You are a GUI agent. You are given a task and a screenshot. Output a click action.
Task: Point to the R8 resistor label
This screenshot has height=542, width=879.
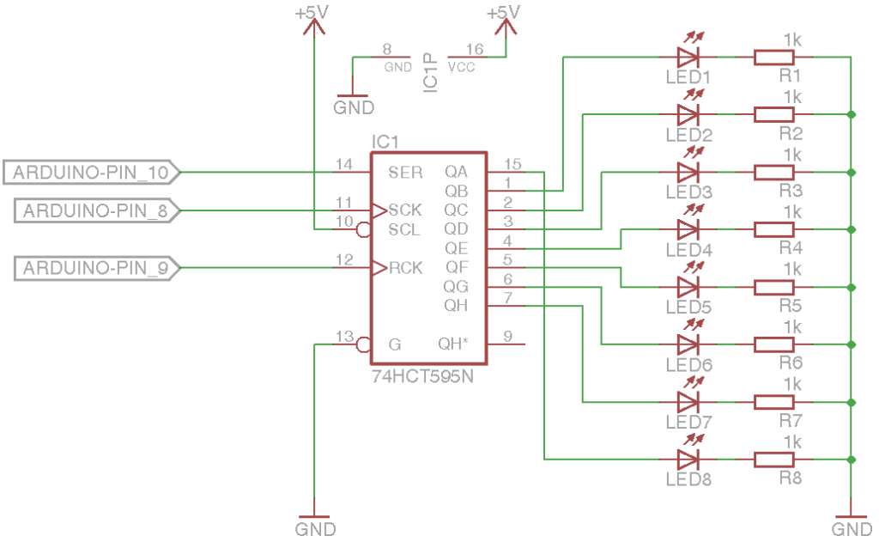click(790, 478)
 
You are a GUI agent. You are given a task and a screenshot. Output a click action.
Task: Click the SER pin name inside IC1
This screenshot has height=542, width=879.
click(405, 173)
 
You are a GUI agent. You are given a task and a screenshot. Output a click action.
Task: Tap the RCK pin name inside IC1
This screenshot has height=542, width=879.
click(405, 269)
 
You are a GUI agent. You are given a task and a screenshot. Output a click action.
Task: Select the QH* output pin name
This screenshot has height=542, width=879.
click(453, 344)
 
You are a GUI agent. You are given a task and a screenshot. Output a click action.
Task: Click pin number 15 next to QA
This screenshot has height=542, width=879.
click(513, 164)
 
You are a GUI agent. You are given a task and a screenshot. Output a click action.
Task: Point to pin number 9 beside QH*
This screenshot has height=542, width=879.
click(508, 337)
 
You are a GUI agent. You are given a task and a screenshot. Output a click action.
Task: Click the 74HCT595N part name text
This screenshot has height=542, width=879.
click(422, 376)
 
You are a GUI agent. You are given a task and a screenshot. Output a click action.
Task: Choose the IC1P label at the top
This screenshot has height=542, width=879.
click(431, 72)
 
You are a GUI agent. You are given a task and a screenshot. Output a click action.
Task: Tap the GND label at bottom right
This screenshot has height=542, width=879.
click(852, 527)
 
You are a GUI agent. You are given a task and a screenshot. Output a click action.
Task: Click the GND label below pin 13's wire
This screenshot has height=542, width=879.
click(315, 528)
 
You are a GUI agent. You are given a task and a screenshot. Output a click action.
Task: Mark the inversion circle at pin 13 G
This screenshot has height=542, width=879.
click(363, 344)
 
